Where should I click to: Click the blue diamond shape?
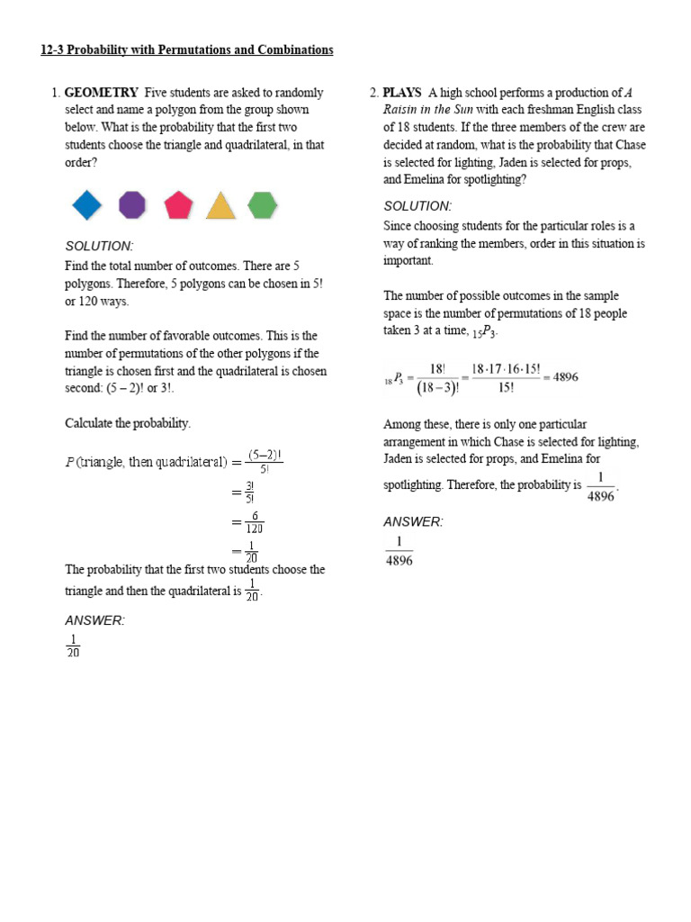point(87,205)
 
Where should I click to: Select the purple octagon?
point(132,205)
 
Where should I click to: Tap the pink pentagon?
point(178,205)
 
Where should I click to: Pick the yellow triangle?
point(220,206)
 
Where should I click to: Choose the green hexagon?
point(262,205)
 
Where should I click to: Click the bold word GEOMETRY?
point(102,93)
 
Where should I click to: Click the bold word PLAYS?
point(402,93)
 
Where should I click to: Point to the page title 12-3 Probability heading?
point(186,50)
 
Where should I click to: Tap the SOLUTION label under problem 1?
point(99,246)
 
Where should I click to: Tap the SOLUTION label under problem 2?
point(417,206)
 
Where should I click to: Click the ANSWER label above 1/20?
point(94,620)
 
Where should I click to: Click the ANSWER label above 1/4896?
point(413,522)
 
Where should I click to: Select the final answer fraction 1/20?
point(73,646)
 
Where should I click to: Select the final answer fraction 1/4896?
point(399,551)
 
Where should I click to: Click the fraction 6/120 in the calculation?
point(255,522)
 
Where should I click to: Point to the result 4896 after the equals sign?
point(565,377)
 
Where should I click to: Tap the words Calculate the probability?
point(128,423)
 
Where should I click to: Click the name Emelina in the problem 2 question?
point(426,179)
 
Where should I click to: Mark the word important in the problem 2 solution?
point(408,260)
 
